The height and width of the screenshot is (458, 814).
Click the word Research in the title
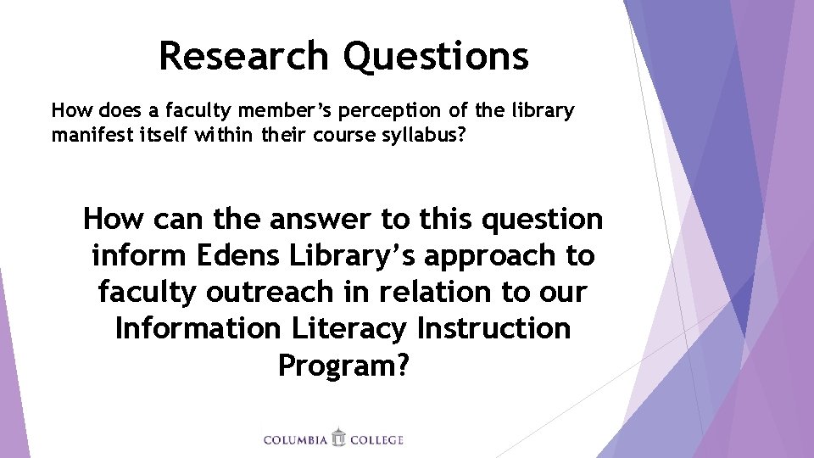244,56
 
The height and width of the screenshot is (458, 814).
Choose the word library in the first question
544,111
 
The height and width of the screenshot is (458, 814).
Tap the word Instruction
508,328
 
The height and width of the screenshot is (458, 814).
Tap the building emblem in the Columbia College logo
339,438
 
